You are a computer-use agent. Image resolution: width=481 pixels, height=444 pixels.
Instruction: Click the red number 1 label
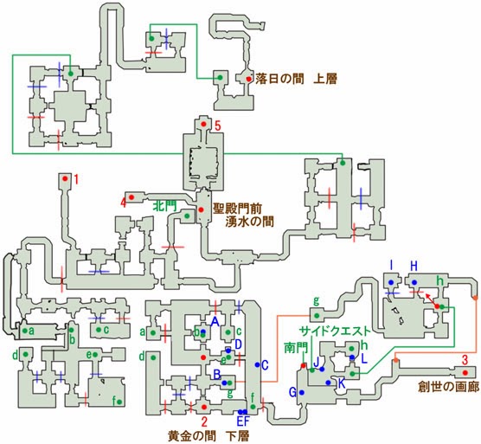76,179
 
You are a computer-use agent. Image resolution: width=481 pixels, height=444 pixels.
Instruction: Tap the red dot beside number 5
203,125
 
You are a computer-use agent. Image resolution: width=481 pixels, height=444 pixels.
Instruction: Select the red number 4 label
124,203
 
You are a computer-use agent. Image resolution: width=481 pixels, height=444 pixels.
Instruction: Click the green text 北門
166,206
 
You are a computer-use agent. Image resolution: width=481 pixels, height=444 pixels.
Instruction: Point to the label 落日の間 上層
296,79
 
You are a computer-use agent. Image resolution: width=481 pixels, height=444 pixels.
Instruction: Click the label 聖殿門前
237,209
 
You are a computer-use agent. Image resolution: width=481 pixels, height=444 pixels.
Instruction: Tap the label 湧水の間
250,222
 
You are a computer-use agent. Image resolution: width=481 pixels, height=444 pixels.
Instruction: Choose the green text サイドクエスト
335,331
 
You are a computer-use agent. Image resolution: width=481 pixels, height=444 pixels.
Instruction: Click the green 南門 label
296,348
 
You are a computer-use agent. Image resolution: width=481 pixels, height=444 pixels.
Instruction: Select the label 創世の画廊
448,387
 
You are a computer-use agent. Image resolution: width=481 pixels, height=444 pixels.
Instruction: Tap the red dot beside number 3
465,373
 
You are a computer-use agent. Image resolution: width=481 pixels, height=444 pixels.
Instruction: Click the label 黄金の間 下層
208,436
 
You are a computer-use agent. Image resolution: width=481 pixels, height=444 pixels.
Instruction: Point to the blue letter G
293,392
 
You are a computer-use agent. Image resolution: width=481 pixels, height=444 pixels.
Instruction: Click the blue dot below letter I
391,282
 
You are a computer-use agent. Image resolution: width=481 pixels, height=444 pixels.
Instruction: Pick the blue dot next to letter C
258,364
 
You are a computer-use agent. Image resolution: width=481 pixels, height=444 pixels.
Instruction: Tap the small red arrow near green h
430,299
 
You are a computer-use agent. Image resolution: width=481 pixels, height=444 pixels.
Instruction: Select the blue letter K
342,383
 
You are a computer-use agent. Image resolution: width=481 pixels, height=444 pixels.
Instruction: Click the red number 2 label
204,422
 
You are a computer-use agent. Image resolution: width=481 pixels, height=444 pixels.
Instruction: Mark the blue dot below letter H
414,282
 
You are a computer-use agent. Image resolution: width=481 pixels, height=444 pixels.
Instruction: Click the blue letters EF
243,421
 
